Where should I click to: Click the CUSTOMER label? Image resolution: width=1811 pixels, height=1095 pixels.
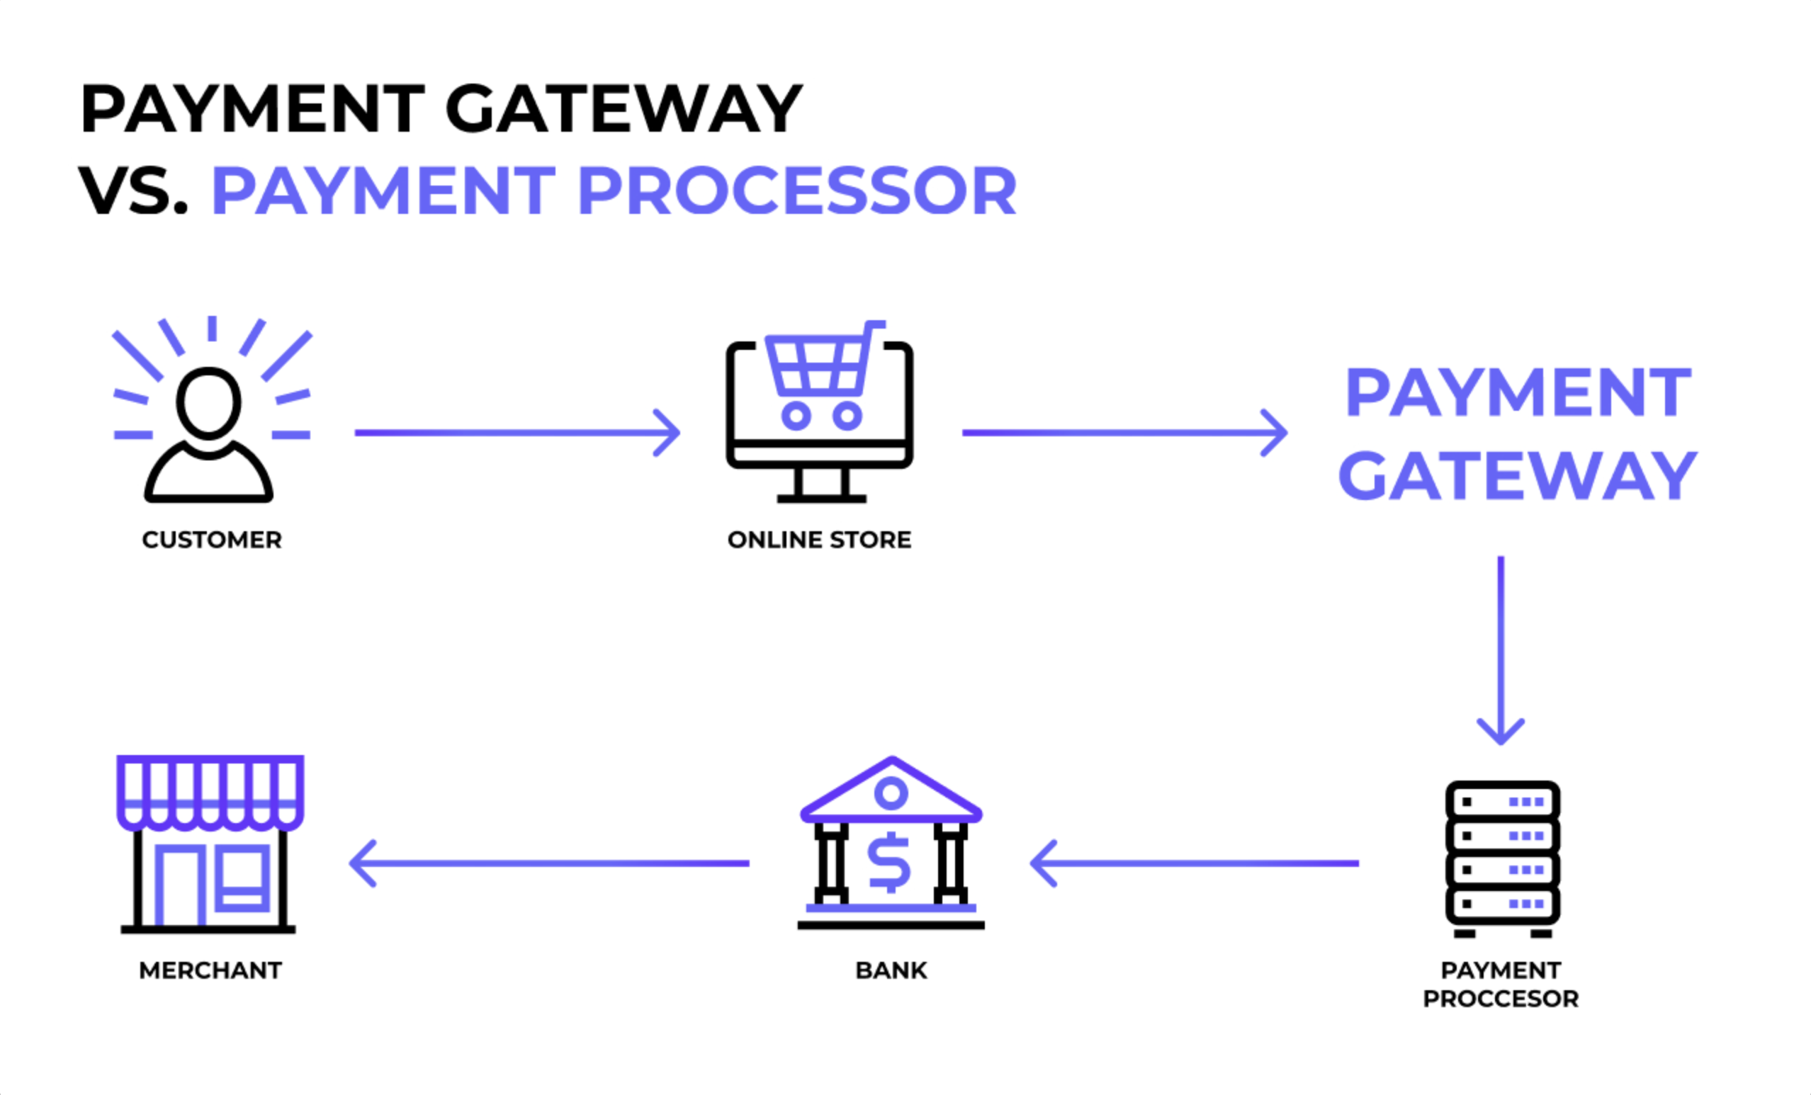click(212, 540)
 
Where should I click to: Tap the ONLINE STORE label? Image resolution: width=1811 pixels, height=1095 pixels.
click(819, 540)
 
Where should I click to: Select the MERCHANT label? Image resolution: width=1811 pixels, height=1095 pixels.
click(210, 971)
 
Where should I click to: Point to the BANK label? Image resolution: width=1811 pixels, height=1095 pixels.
click(891, 971)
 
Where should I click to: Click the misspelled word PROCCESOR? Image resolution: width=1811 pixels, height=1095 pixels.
click(1500, 999)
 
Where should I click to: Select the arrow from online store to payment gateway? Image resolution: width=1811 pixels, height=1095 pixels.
click(1124, 433)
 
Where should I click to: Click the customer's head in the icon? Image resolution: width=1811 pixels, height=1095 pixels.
click(209, 403)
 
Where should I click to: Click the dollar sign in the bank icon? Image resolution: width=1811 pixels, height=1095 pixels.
click(889, 863)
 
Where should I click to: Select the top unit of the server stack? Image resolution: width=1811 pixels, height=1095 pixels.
click(1502, 802)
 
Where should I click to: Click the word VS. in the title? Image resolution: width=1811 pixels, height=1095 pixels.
click(133, 191)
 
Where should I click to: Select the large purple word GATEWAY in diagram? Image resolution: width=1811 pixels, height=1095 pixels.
click(1518, 476)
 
